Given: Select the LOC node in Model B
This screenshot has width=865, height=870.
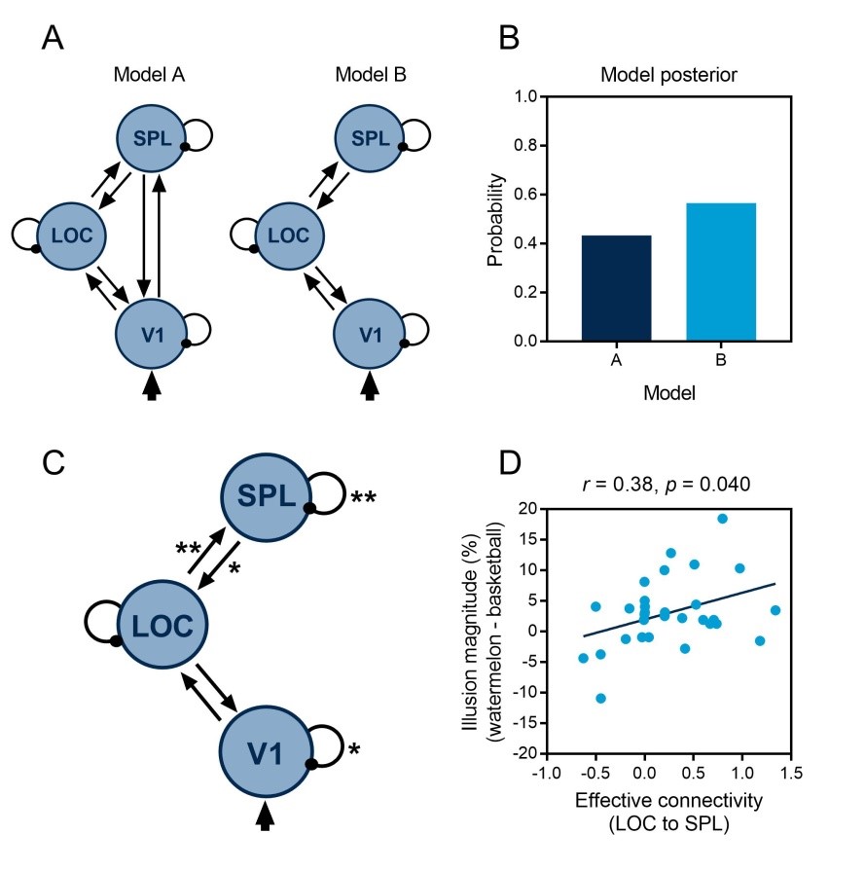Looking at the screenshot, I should click(288, 235).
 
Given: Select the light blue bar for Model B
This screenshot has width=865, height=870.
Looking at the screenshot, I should click(721, 272).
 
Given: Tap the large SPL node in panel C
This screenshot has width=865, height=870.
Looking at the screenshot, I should click(264, 496).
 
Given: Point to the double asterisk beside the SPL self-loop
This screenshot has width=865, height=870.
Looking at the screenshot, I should click(362, 499).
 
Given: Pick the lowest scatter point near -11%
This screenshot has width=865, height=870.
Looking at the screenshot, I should click(601, 698).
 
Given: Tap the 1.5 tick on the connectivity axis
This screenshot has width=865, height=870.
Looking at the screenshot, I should click(792, 773).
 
